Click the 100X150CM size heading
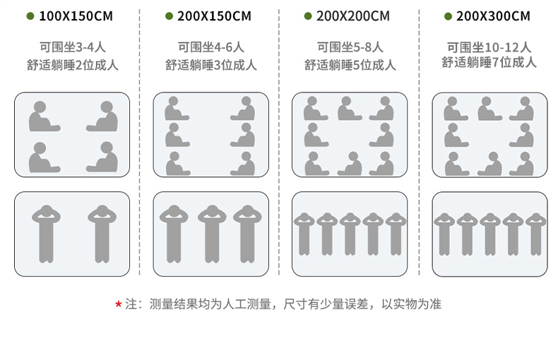pos(76,16)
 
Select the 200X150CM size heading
pos(215,16)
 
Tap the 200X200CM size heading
pos(354,16)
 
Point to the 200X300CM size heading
pos(493,16)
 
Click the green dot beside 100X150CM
pos(30,16)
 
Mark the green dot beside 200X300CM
pos(448,16)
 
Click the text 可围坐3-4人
pos(72,47)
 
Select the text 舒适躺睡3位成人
pos(211,65)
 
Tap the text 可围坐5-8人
pos(350,47)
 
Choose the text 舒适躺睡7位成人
pos(489,62)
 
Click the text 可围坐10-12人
pos(489,47)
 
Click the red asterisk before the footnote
pos(118,304)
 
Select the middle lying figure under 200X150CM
pos(211,234)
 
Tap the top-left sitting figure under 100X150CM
pos(42,117)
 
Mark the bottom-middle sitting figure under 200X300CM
pos(489,164)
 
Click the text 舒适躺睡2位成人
pos(72,65)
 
